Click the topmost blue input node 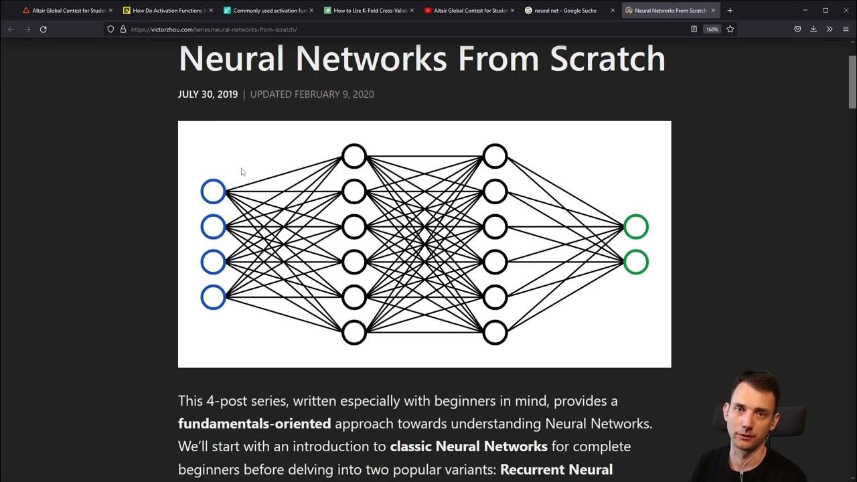coord(213,191)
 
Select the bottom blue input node coord(213,297)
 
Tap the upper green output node coord(635,227)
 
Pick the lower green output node coord(635,262)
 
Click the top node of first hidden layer coord(354,156)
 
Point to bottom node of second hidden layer coord(495,332)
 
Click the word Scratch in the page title coord(607,58)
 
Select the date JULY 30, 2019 coord(208,94)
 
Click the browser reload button coord(44,29)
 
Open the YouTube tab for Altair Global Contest coord(469,11)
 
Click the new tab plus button coord(730,11)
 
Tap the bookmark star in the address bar coord(730,29)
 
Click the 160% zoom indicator coord(712,29)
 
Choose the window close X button coord(846,10)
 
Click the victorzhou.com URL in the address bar coord(214,29)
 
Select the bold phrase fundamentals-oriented coord(254,424)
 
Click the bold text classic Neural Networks coord(469,447)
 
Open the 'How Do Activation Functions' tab coord(168,11)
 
